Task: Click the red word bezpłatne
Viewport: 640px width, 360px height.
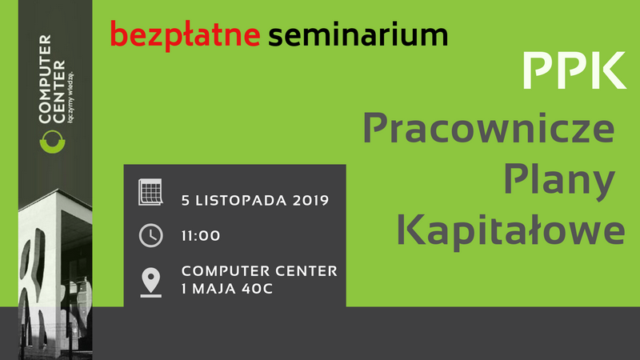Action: click(x=186, y=35)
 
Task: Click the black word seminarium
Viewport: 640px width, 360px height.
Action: click(x=358, y=34)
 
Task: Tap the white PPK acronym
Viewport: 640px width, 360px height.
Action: click(x=574, y=70)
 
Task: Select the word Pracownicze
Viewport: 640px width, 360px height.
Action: click(x=489, y=128)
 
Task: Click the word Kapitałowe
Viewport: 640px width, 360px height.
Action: click(x=510, y=230)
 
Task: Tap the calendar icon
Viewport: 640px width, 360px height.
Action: click(x=150, y=192)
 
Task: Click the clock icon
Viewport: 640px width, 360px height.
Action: click(x=151, y=235)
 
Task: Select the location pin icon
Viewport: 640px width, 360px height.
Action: click(x=151, y=282)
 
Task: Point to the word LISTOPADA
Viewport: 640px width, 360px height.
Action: click(x=241, y=201)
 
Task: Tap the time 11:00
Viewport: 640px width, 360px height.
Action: click(x=201, y=235)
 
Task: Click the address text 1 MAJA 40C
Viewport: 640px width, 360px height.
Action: click(x=227, y=289)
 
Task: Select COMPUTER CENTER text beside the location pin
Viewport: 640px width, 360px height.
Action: click(x=259, y=270)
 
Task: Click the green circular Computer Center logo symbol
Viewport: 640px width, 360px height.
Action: click(x=52, y=142)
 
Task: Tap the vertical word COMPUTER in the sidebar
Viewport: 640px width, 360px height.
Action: click(x=46, y=78)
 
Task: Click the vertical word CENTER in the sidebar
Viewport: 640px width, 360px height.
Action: click(x=59, y=91)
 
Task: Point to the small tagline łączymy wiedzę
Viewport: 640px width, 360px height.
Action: click(x=71, y=97)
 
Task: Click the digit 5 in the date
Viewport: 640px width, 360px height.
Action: click(x=186, y=201)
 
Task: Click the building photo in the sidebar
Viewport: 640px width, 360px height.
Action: click(x=55, y=274)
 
